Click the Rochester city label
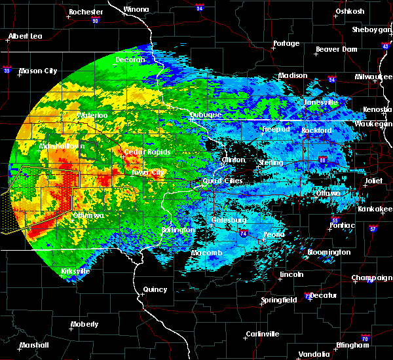point(86,12)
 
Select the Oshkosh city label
point(350,11)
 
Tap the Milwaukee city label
point(373,77)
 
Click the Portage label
point(286,44)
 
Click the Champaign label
point(371,278)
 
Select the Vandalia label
point(313,353)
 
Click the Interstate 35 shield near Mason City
point(7,69)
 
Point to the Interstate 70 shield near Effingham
point(365,338)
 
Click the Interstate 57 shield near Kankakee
point(373,229)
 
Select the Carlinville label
point(263,334)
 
